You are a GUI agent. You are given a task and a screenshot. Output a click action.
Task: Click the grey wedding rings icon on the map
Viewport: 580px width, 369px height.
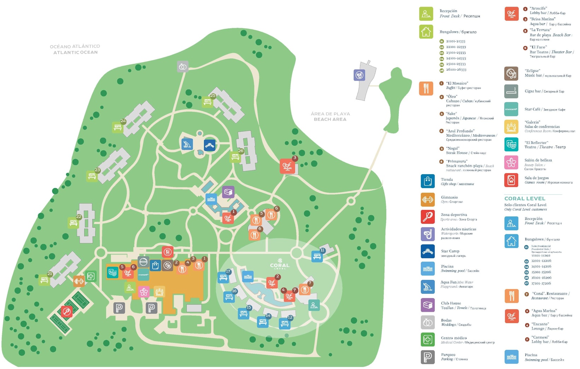point(182,66)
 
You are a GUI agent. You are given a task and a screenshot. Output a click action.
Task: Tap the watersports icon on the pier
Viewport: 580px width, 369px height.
point(359,75)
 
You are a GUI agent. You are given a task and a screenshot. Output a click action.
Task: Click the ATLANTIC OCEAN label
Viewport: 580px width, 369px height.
point(75,52)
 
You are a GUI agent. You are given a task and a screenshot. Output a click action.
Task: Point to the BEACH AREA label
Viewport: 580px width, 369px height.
point(330,119)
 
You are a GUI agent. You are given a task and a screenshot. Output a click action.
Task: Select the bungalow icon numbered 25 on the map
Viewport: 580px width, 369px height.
point(208,102)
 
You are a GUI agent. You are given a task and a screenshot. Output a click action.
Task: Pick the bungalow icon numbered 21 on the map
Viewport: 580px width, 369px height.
point(45,280)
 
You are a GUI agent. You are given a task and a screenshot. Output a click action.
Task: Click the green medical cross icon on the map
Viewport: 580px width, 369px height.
point(91,276)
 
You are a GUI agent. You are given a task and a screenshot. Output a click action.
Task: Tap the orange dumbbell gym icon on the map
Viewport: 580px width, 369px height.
point(79,281)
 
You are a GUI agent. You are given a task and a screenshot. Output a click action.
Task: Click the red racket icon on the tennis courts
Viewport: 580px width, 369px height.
point(66,311)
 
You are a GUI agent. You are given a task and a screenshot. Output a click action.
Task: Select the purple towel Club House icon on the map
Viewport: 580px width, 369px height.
point(228,192)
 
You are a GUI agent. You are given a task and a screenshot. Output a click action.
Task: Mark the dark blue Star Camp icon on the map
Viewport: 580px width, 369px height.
point(210,145)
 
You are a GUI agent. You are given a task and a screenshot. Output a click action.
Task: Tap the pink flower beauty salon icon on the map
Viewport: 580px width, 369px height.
point(144,292)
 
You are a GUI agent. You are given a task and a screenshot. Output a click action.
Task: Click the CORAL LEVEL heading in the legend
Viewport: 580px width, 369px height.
point(525,199)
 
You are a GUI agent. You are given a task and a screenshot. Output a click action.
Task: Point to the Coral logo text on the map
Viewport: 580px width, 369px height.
point(279,265)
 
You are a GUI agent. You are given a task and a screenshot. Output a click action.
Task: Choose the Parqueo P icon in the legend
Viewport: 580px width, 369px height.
point(428,357)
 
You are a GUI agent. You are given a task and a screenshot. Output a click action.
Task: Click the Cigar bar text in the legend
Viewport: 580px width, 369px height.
point(532,91)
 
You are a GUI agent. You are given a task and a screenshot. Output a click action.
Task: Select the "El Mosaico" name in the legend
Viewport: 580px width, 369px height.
point(457,83)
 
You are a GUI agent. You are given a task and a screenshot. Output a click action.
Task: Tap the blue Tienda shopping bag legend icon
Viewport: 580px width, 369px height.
point(428,181)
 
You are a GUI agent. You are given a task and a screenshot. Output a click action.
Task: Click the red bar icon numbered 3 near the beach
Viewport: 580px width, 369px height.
point(287,166)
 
